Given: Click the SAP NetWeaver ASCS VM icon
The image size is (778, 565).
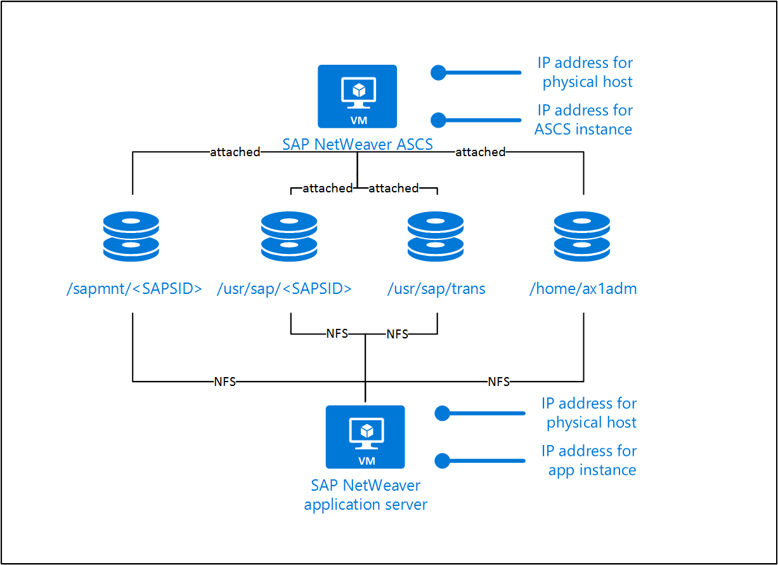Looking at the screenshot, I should point(357,96).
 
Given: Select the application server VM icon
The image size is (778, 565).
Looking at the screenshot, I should point(365,437).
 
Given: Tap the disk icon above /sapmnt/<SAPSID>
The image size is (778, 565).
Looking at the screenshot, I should point(131,236).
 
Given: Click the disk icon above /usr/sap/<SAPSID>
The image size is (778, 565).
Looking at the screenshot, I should point(289,236).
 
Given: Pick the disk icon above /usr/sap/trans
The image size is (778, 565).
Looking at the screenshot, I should point(436,236).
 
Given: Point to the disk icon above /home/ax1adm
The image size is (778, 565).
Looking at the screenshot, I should point(582,236).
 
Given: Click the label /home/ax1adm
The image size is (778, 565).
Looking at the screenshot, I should point(583,289).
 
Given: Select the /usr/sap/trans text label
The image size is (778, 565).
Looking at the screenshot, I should point(436,289).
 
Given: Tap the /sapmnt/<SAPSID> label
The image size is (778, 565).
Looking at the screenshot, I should point(134,289).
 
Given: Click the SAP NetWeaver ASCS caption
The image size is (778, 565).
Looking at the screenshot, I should point(358,145).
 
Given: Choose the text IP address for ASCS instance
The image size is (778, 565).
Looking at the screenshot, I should point(584,120).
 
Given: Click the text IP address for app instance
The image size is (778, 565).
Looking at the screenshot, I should point(590,460).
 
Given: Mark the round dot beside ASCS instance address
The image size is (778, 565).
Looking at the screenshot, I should point(438,120).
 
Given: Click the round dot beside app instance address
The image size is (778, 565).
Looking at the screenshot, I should point(442,460).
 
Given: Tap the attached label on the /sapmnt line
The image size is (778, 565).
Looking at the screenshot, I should point(235,152).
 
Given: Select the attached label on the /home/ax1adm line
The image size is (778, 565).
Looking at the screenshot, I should point(480,152).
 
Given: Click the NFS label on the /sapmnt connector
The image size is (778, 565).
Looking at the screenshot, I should point(224,382).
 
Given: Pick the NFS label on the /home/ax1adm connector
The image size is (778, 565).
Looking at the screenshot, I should point(498,382).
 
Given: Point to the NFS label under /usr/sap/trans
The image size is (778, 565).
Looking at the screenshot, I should point(398,334).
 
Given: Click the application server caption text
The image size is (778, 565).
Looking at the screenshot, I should point(366,495).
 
